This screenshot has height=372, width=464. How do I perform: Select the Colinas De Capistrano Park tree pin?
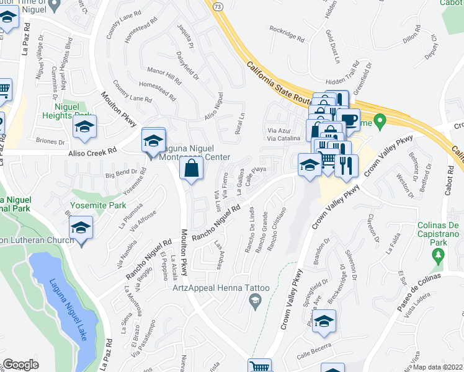pos(439,255)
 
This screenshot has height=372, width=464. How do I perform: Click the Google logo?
pos(20,364)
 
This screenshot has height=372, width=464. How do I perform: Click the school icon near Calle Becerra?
pos(323,322)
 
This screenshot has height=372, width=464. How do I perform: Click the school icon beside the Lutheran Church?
pos(81,229)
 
